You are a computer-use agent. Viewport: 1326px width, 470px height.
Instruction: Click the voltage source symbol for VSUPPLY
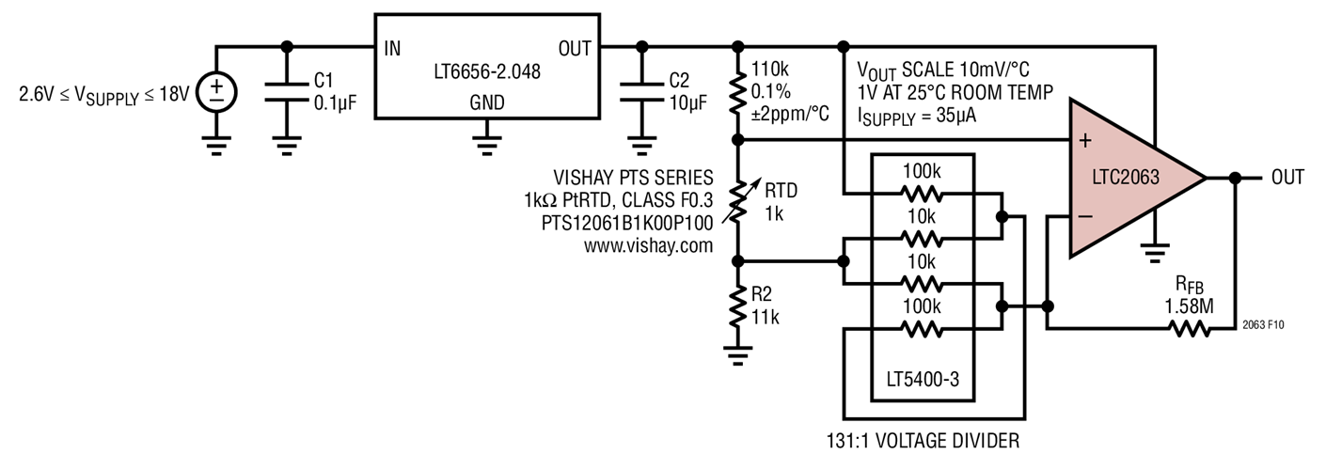point(217,90)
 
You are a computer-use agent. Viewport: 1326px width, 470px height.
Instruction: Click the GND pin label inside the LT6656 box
point(486,102)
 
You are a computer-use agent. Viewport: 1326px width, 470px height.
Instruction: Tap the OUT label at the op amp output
point(1287,177)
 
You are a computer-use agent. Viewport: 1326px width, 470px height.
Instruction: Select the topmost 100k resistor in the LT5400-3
point(921,194)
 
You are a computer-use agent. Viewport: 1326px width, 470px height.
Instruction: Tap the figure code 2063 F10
point(1262,324)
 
